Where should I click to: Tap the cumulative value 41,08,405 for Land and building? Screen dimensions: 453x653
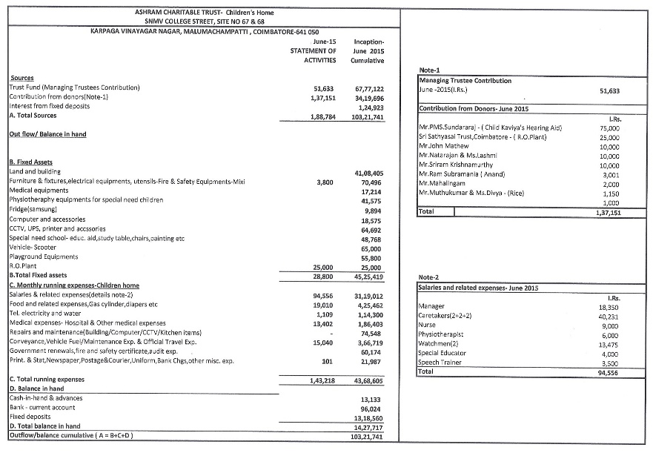368,173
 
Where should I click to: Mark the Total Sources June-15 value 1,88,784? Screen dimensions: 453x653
322,117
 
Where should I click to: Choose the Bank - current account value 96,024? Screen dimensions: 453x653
370,408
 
